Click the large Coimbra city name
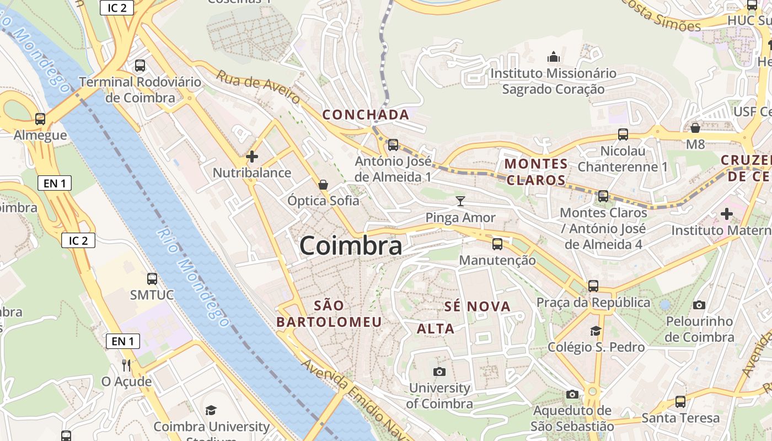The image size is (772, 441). [x=351, y=246]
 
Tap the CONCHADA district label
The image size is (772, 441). [x=366, y=115]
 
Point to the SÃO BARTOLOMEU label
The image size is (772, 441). [x=329, y=314]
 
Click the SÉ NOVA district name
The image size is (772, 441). [x=478, y=306]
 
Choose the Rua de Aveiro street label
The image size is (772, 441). [x=258, y=87]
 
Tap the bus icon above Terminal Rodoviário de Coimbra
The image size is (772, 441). [x=140, y=66]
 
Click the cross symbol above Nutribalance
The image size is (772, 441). [x=252, y=157]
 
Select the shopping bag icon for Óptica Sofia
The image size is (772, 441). [x=323, y=184]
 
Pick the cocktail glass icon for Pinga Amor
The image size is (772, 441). [x=460, y=201]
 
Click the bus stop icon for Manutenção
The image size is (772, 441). [x=497, y=244]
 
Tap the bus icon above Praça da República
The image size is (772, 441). [x=593, y=286]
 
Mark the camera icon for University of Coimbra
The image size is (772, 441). [x=439, y=372]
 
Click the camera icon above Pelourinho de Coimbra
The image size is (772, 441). [x=699, y=305]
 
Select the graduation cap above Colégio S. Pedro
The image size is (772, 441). [x=596, y=331]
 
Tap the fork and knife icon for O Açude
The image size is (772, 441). [x=126, y=365]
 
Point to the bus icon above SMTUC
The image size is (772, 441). [x=152, y=279]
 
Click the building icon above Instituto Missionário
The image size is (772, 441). [x=553, y=57]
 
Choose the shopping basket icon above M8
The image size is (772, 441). [x=695, y=128]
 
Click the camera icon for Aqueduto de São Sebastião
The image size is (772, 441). [x=572, y=394]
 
